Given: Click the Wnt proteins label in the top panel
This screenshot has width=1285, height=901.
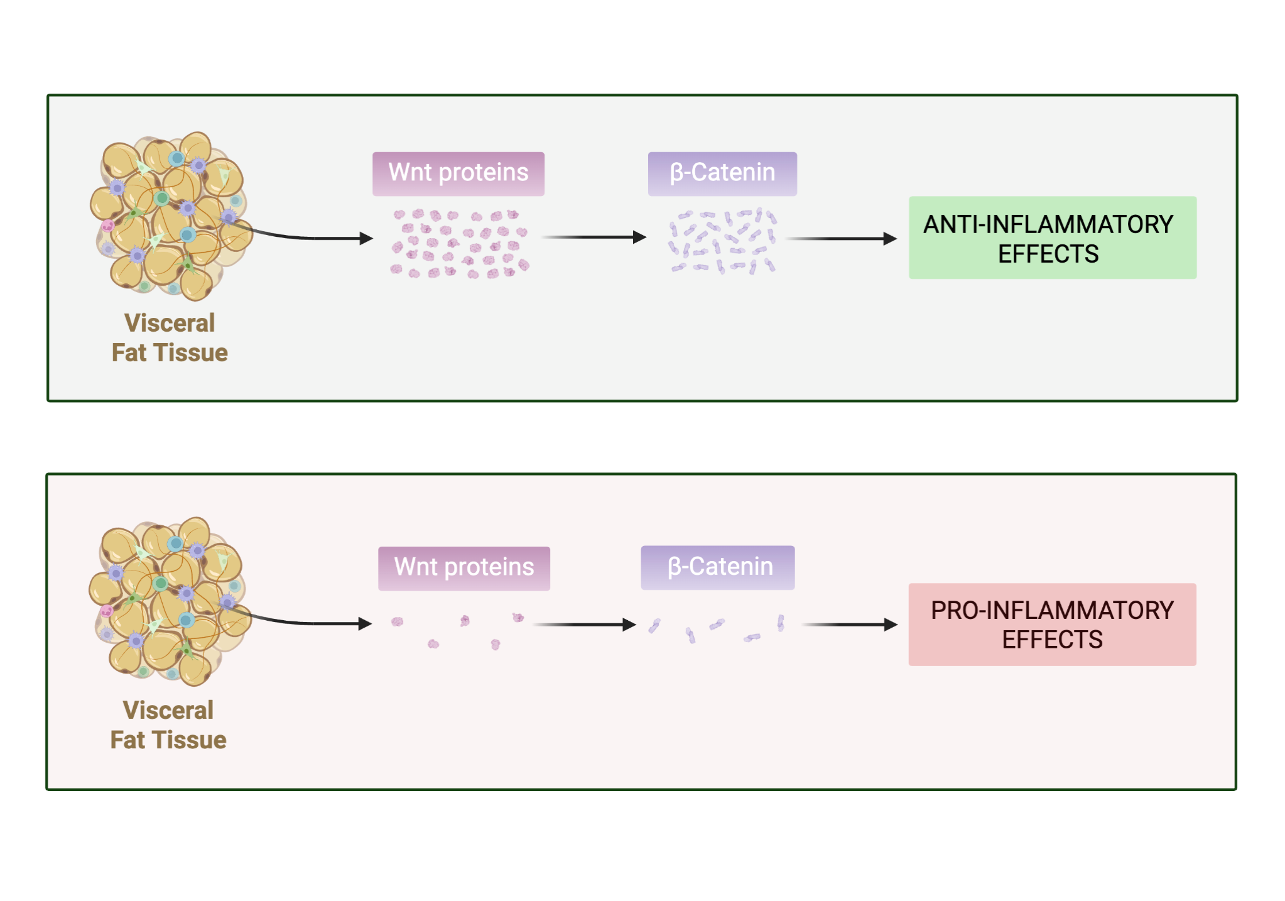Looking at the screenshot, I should pos(458,173).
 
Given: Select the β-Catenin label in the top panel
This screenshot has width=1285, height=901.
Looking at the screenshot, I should pos(722,173).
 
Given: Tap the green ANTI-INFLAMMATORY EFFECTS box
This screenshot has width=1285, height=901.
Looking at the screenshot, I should pos(1052,238).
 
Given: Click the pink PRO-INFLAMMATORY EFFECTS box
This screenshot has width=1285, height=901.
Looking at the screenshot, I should pos(1052,625).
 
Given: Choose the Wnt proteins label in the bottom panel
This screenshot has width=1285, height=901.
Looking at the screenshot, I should pos(464,568).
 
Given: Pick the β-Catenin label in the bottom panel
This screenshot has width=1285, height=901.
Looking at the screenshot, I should pos(718,567).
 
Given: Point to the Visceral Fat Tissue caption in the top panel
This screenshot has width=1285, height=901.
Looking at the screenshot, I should pos(170,338).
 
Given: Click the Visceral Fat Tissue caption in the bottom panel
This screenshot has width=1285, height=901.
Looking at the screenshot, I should pos(168,725).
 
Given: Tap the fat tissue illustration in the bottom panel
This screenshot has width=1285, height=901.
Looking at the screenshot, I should pos(168,601).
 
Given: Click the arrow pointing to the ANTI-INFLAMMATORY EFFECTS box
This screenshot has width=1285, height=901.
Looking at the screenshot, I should pos(842,239).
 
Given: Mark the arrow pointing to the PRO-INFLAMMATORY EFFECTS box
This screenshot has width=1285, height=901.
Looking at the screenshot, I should pos(849,625).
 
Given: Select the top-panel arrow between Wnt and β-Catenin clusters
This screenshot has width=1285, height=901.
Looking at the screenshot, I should pos(594,238).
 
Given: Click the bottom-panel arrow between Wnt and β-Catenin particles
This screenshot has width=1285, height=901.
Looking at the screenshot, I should pos(584,625).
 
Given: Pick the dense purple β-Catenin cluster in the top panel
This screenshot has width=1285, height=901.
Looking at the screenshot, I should pos(722,242).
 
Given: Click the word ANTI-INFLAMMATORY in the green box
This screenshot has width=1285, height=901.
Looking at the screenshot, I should pos(1048,224).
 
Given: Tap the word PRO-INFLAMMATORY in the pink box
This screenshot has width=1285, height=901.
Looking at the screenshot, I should pos(1052,610).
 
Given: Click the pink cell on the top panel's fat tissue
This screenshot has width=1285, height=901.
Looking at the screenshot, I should pos(108,226).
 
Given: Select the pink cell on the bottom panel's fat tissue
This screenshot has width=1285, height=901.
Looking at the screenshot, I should pos(107,611).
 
